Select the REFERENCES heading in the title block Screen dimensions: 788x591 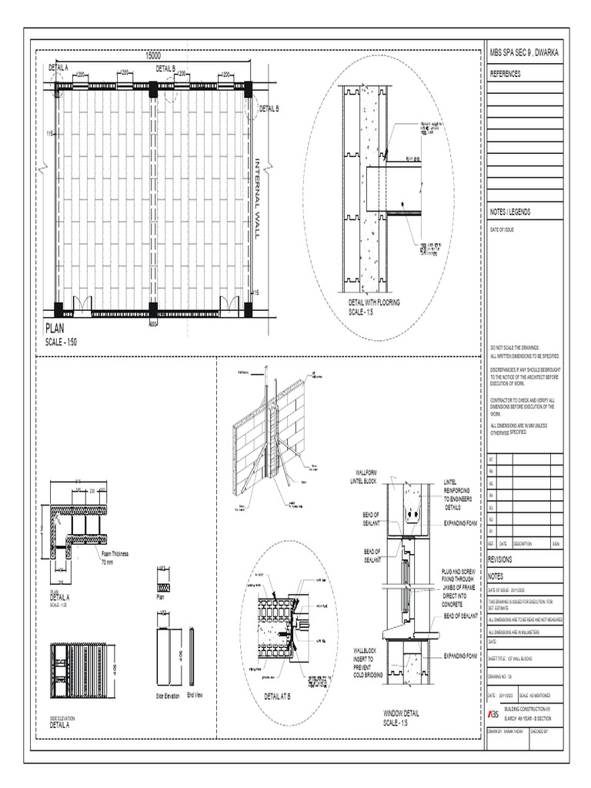(x=506, y=74)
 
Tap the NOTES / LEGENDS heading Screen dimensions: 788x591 (x=510, y=212)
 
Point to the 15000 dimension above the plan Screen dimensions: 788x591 (x=153, y=56)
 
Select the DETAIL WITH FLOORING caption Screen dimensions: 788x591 (x=375, y=303)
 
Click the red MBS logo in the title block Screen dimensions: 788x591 (x=493, y=713)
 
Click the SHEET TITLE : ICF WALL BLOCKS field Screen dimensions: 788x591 (x=516, y=659)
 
